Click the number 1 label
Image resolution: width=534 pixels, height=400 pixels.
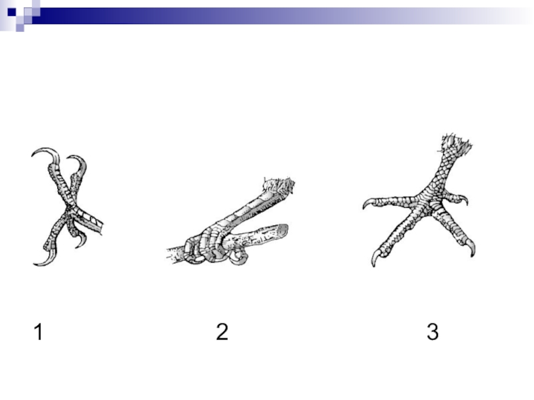point(39,331)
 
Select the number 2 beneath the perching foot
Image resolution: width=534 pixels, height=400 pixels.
point(222,331)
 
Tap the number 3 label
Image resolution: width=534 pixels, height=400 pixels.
point(433,331)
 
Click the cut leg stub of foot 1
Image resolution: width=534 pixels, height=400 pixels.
point(92,221)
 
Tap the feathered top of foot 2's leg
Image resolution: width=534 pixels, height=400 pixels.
point(279,186)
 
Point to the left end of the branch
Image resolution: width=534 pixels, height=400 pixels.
point(170,255)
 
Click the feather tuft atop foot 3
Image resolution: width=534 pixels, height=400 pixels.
point(457,143)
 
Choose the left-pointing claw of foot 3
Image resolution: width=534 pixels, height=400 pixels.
point(368,203)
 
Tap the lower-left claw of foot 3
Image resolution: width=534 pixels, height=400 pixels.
point(376,259)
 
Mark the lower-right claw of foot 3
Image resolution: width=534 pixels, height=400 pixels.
point(471,247)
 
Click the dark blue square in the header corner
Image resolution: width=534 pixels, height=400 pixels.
point(11,12)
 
